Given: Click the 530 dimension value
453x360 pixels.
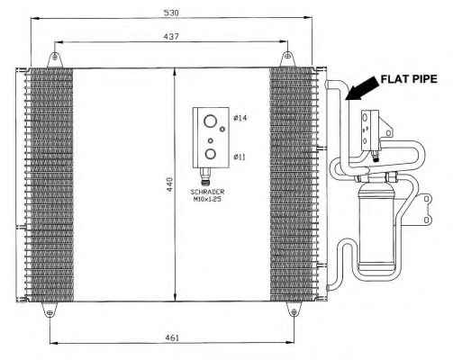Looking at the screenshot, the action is coord(171,13).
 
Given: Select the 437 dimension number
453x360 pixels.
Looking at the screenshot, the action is coord(171,37).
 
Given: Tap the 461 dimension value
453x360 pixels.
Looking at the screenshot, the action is coord(172,337).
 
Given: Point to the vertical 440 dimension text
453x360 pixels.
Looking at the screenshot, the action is coord(169,184).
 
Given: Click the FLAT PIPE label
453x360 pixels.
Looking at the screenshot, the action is coord(409,79).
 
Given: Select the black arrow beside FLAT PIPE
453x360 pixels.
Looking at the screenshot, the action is coord(361,88).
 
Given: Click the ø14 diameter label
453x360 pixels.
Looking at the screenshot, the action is coord(240,118).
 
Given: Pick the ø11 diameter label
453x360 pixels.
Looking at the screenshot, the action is coord(240,157).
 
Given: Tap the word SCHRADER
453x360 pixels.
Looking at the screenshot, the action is coord(207,192).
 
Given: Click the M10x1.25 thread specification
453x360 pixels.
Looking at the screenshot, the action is coord(207,199).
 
